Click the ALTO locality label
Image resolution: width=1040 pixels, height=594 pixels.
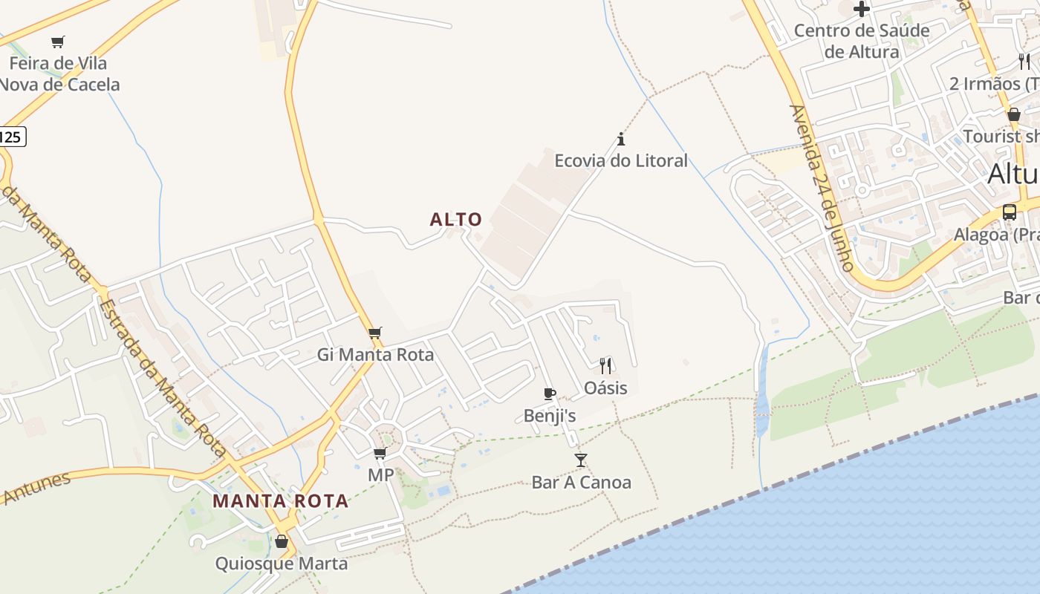click(x=456, y=220)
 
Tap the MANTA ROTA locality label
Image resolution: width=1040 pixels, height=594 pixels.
click(x=281, y=501)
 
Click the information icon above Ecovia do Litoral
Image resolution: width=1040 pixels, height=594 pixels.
click(x=621, y=139)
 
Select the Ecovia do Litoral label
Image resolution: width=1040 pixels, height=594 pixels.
click(x=621, y=160)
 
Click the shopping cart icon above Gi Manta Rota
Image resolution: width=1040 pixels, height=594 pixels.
click(x=375, y=333)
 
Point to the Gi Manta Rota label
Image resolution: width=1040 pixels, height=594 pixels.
click(x=375, y=355)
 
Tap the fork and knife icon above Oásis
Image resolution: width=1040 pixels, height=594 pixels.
click(x=605, y=365)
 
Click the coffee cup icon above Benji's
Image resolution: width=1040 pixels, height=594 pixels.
click(x=549, y=394)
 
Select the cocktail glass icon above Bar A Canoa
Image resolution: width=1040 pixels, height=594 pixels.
click(x=581, y=460)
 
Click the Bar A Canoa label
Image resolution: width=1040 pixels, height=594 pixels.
click(x=581, y=483)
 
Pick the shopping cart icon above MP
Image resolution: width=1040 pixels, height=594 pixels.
click(x=380, y=453)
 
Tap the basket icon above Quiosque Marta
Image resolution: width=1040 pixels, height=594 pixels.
click(x=281, y=541)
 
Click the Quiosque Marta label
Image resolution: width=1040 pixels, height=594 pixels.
click(x=281, y=564)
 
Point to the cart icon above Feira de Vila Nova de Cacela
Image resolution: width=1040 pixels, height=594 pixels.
click(x=58, y=42)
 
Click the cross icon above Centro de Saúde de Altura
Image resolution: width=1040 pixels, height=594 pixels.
click(x=862, y=9)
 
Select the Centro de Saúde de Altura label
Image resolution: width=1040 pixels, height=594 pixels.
click(x=862, y=41)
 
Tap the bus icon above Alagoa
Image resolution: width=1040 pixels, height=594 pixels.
click(x=1009, y=212)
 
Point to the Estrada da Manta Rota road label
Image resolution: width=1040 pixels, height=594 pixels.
click(x=162, y=379)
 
